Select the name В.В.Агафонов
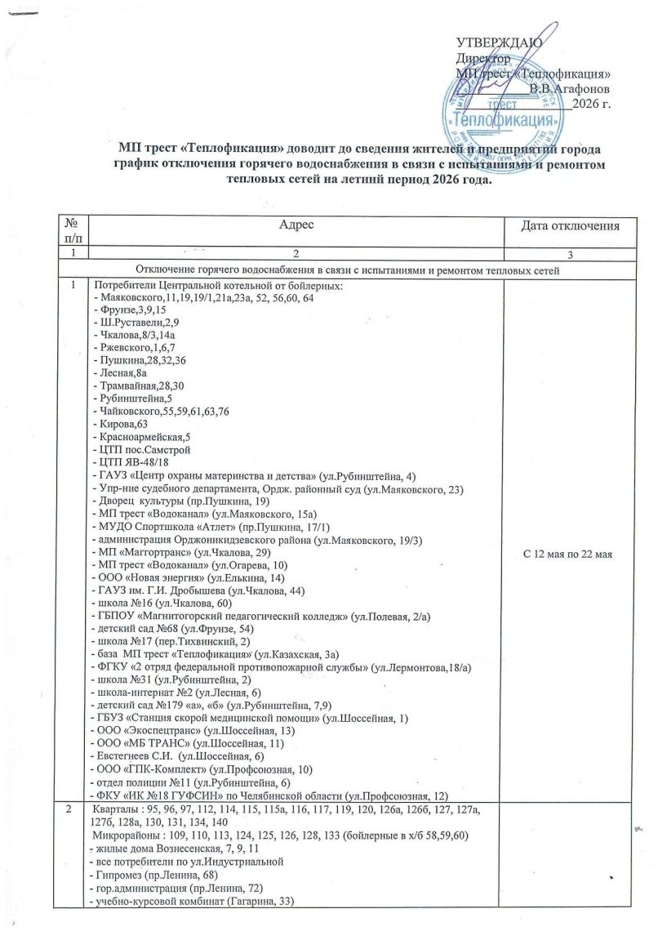(x=568, y=87)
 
